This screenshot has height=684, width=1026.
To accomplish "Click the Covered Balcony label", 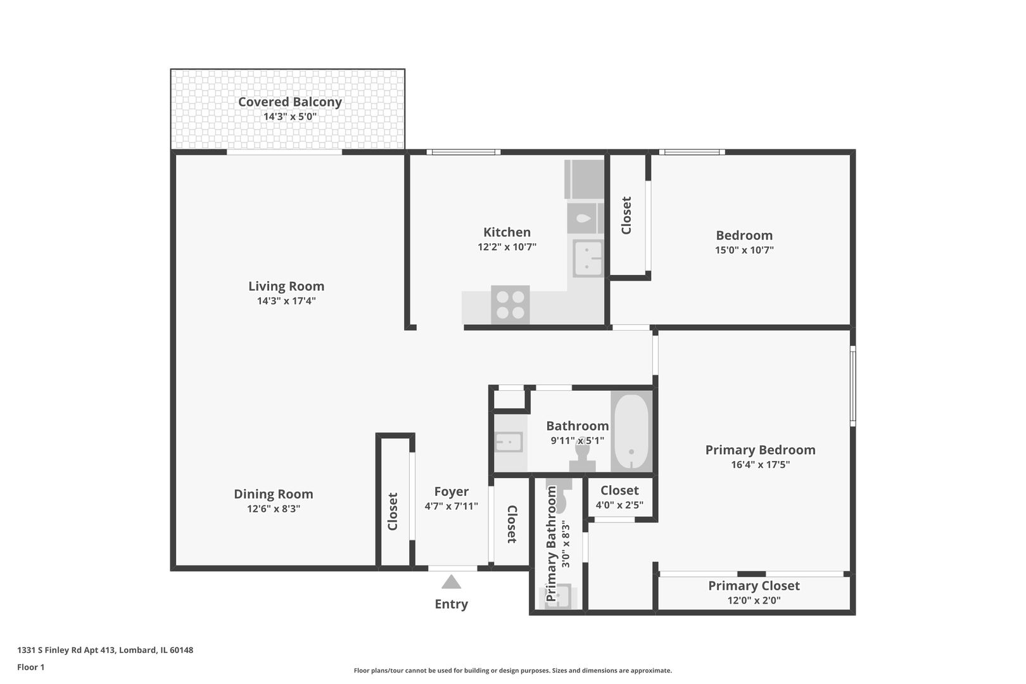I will point(289,102).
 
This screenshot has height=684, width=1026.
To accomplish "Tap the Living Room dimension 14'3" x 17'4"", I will point(286,301).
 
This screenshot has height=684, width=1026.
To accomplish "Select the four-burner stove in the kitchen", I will point(510,305).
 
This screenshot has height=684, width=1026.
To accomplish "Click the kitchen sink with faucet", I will point(588,258).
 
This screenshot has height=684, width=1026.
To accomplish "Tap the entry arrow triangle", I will point(451,582).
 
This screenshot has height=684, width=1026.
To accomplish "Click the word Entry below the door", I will point(451,604).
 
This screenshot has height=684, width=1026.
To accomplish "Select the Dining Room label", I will point(274,494).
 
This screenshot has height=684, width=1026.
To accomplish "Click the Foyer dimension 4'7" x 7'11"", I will point(451,507).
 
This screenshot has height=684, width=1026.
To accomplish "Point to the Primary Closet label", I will point(754,586).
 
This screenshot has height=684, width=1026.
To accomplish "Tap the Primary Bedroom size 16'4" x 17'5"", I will point(760,465).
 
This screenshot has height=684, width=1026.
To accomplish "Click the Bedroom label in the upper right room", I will point(744,235).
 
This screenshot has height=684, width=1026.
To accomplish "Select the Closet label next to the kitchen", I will point(626,215).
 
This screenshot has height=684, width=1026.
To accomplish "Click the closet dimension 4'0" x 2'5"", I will point(619,505).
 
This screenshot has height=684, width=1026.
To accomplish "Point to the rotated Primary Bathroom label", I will point(551,543).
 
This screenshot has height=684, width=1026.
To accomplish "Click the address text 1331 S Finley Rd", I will point(105,650).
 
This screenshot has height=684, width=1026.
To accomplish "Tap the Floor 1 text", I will point(31,667).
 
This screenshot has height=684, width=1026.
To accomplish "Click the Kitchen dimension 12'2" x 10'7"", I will point(507,248).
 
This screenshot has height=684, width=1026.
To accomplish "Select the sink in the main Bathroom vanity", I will point(508,441).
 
